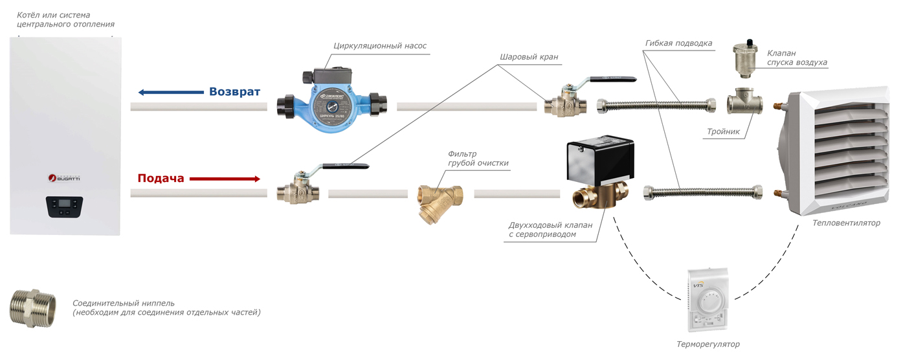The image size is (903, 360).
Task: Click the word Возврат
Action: (x=234, y=92)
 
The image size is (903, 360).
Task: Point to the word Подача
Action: (x=161, y=178)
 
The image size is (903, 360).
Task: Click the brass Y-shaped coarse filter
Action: (x=440, y=198)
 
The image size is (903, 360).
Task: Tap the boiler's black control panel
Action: (x=65, y=207)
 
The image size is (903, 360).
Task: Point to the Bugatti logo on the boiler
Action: (x=64, y=177)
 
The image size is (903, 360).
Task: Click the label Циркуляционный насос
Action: (x=380, y=46)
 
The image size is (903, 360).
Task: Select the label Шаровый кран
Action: (x=528, y=57)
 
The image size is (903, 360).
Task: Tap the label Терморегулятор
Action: (x=707, y=344)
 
